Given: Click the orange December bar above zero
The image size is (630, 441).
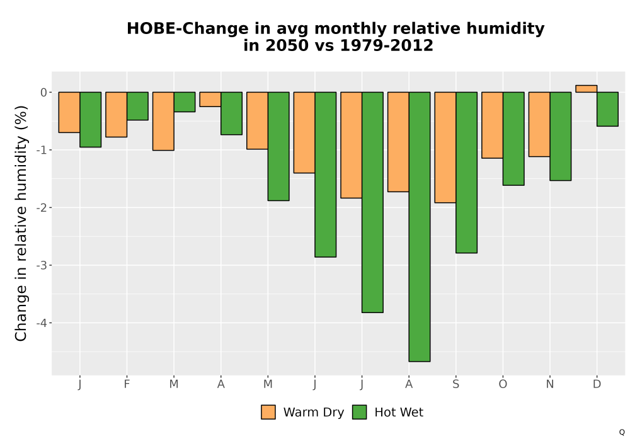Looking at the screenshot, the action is tap(586, 89).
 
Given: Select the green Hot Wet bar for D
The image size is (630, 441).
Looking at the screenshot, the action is tap(607, 109).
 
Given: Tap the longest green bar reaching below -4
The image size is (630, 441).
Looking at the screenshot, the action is tap(420, 227).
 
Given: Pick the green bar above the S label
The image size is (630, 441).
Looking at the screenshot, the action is tap(466, 173).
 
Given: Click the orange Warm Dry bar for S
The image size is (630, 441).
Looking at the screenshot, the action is tap(445, 147).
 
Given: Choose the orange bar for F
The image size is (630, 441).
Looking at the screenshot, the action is tap(116, 115).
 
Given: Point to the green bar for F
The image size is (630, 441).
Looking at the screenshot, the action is tap(137, 106).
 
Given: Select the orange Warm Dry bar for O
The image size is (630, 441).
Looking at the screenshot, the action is tap(492, 125).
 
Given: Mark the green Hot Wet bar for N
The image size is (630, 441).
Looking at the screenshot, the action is tap(561, 136).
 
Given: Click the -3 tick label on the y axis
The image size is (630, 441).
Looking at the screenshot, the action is tap(42, 265).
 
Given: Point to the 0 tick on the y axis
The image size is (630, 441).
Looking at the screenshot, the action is tap(44, 93).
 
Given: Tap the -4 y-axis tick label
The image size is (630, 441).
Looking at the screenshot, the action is tap(42, 323).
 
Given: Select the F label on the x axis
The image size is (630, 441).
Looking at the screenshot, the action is tap(127, 384).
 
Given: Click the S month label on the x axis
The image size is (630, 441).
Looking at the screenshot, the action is tap(455, 384).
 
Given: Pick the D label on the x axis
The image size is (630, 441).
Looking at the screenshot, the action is tap(597, 384).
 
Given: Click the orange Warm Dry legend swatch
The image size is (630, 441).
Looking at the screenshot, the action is tap(268, 412).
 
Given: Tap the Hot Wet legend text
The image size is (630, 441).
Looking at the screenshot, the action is tap(399, 413).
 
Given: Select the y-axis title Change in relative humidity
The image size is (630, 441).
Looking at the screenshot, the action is tap(21, 238).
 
